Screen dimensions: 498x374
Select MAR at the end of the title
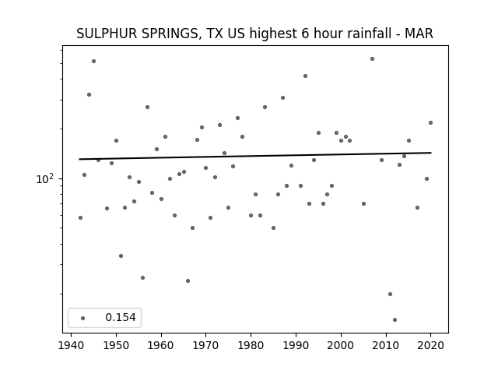[x=419, y=34]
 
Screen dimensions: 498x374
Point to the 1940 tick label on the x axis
[x=71, y=345]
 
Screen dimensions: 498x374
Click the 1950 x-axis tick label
[x=116, y=345]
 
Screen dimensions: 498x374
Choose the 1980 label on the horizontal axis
[x=251, y=345]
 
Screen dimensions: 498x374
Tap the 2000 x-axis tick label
[x=341, y=345]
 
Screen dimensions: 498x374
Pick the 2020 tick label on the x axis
[x=430, y=345]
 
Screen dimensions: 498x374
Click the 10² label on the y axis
[x=45, y=179]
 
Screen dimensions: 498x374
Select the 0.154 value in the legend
[x=121, y=317]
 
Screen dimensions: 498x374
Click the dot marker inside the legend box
[x=83, y=318]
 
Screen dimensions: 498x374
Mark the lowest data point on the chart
[x=395, y=320]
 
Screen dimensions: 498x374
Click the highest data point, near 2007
[x=372, y=59]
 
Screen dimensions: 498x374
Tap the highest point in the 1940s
[x=93, y=61]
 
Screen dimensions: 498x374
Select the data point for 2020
[x=430, y=123]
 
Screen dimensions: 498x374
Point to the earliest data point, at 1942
[x=80, y=218]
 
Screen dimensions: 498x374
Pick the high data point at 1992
[x=305, y=76]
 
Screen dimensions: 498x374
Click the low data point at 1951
[x=121, y=256]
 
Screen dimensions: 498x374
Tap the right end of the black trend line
[x=431, y=153]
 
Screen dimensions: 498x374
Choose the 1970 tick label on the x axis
[x=205, y=345]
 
